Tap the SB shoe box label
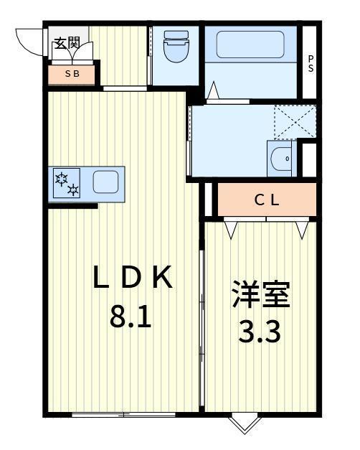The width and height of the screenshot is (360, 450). click(x=72, y=74)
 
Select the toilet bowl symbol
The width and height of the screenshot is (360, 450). click(x=176, y=46)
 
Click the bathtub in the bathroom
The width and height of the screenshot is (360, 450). click(x=250, y=44)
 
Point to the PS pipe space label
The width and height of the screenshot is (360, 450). click(x=311, y=64)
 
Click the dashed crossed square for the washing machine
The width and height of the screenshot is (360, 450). click(x=295, y=122)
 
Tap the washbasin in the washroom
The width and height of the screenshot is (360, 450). click(x=281, y=159)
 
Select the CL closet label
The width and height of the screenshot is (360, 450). click(x=267, y=200)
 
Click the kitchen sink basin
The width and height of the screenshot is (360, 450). click(x=105, y=182)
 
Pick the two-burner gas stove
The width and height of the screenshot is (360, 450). click(x=67, y=183)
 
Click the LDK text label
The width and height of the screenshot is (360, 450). click(x=133, y=277)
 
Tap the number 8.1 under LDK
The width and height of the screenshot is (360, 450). click(x=131, y=317)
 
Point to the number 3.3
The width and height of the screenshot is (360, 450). click(x=260, y=332)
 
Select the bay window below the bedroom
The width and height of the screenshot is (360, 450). click(x=245, y=421)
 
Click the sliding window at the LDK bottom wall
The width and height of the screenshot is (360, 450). click(x=123, y=414)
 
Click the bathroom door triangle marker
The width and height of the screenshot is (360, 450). click(x=213, y=90)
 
